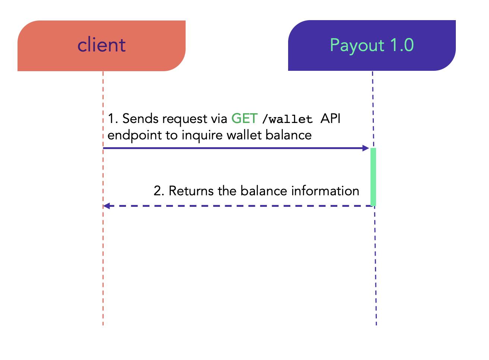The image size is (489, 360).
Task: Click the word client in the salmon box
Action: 101,45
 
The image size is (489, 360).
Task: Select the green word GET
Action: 245,119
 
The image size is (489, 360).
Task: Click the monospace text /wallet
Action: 287,119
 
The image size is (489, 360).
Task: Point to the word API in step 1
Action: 330,119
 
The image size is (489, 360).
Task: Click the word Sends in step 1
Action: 141,119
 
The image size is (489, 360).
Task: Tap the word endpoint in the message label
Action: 135,135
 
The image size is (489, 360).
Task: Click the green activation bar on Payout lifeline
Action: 373,177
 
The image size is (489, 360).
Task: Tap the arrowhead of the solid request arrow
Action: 366,148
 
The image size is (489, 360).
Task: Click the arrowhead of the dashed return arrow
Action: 107,206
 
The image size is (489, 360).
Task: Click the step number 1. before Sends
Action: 113,119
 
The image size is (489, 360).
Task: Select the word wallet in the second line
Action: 244,135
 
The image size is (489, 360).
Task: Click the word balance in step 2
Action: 264,191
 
